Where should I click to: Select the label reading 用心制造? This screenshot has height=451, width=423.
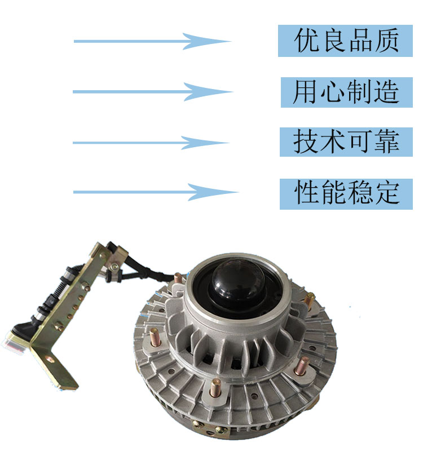pos(347,92)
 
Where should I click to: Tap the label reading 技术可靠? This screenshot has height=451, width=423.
pos(346,142)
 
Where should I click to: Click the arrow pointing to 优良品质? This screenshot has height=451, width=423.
pos(152,41)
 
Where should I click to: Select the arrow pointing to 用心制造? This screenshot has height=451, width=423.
pos(153,92)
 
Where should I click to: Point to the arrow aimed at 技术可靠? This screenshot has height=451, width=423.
pos(151,143)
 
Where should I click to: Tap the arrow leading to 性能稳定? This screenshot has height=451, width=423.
pos(156,192)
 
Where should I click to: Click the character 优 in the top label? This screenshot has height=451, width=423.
pos(306,40)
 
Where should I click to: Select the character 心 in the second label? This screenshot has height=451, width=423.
pos(332,92)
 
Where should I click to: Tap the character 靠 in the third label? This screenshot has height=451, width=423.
pos(387,142)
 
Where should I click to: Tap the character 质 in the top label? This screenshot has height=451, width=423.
pos(386,40)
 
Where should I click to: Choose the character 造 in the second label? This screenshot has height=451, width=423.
pos(386,92)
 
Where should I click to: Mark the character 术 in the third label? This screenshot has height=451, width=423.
pos(333,142)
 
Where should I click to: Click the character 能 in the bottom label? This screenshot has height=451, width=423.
pos(334,192)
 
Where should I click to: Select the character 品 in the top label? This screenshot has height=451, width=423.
pos(360,40)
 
